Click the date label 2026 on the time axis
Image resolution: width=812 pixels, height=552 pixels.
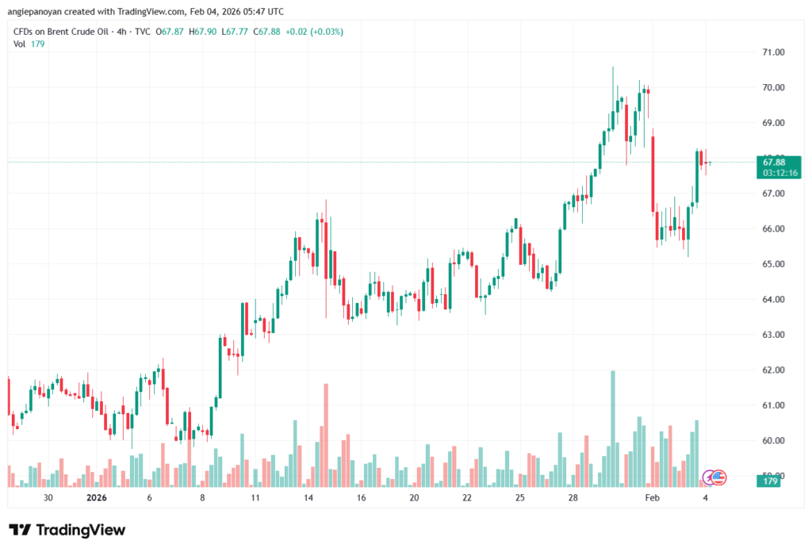[95, 498]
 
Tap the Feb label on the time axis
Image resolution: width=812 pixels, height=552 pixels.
[652, 498]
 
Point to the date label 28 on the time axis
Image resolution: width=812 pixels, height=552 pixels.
[573, 498]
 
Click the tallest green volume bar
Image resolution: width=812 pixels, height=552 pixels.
[612, 428]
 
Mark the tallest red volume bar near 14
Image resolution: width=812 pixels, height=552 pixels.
[326, 435]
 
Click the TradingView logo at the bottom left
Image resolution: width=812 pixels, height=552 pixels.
[67, 530]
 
